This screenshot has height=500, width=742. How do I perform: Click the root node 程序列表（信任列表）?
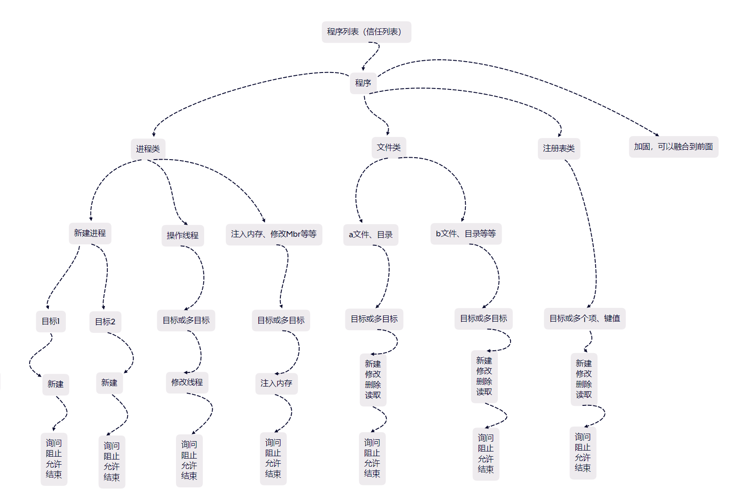[366, 32]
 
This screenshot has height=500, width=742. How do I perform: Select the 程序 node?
[363, 83]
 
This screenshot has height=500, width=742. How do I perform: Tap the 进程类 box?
[148, 149]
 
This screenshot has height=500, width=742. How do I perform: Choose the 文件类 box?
[389, 148]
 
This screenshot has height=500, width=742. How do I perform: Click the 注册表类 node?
[558, 149]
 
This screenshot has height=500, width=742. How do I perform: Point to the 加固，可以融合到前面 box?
[673, 147]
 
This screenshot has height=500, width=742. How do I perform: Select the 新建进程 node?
[90, 234]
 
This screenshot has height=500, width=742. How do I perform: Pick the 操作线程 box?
[183, 235]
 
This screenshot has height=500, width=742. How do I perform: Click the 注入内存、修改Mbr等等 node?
[274, 234]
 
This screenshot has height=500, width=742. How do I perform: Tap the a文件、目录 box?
[371, 235]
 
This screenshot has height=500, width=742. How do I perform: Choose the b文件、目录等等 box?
[466, 234]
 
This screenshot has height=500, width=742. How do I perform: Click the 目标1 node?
[51, 322]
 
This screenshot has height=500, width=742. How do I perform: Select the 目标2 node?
[105, 322]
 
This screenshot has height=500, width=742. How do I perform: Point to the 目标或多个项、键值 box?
[584, 319]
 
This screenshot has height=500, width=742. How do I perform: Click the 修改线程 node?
[187, 383]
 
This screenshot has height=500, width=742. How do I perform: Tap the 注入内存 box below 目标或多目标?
[276, 384]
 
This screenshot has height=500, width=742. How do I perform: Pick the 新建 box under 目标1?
[56, 385]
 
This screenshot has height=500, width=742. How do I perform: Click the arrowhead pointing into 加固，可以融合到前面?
[657, 135]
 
